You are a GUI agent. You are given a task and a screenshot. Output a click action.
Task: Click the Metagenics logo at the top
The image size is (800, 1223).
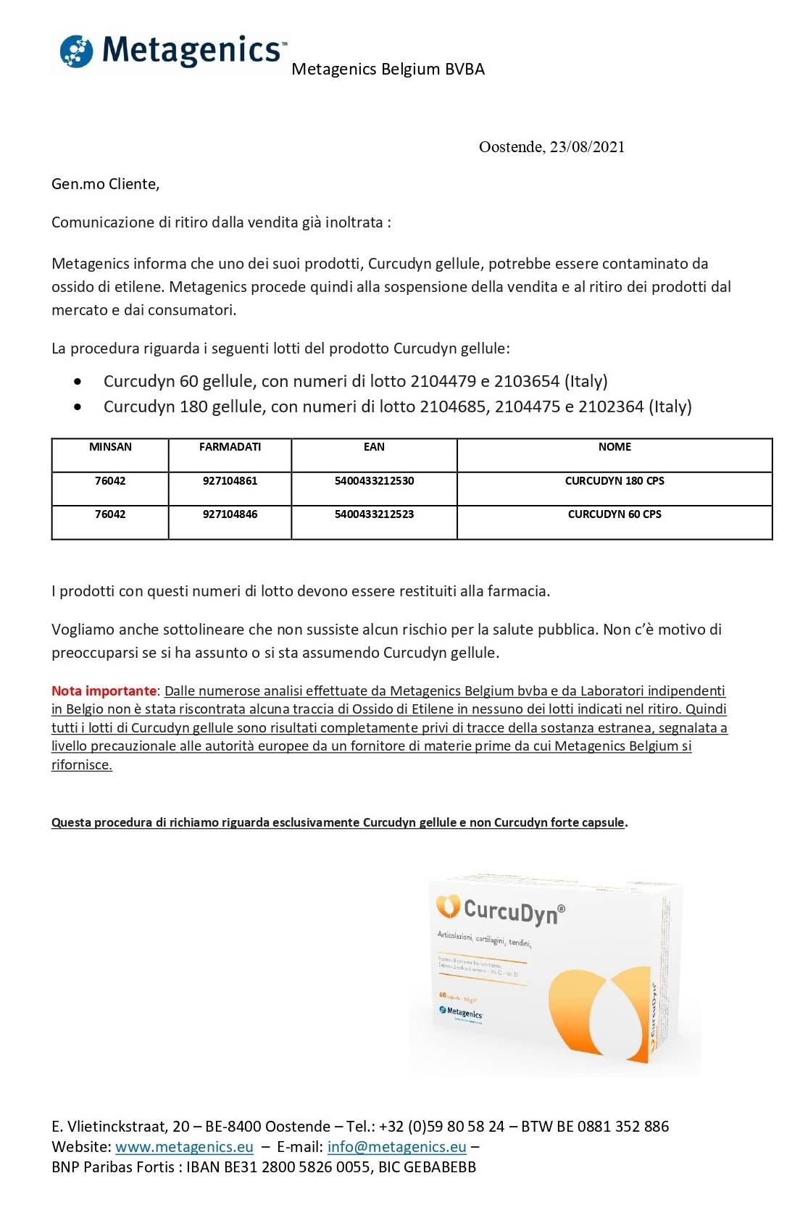pyautogui.click(x=172, y=51)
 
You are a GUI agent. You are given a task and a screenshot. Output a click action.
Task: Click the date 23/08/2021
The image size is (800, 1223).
pyautogui.click(x=587, y=147)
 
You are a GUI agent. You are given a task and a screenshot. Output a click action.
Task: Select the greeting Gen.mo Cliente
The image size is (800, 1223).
pyautogui.click(x=105, y=184)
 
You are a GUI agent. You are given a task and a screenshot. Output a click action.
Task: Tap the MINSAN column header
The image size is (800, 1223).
pyautogui.click(x=110, y=447)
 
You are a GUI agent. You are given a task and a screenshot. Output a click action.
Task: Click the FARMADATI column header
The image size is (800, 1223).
pyautogui.click(x=230, y=447)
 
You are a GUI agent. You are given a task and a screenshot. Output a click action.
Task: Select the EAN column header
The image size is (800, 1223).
pyautogui.click(x=374, y=447)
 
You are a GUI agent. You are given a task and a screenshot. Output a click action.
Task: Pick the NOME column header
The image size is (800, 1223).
pyautogui.click(x=614, y=447)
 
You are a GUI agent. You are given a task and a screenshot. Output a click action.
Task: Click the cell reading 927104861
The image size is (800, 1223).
pyautogui.click(x=230, y=481)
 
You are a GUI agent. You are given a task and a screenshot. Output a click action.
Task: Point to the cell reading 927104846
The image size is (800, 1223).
pyautogui.click(x=230, y=514)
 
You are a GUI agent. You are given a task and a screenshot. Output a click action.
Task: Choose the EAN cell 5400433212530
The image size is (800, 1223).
pyautogui.click(x=374, y=481)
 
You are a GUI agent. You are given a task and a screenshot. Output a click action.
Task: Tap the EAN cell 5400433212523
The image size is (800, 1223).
pyautogui.click(x=374, y=514)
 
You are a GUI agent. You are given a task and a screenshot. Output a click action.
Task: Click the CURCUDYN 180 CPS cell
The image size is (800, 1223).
pyautogui.click(x=614, y=481)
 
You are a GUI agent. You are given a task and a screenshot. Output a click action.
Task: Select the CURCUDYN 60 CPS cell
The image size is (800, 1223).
pyautogui.click(x=614, y=514)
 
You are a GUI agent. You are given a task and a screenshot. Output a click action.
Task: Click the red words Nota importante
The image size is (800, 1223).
pyautogui.click(x=104, y=691)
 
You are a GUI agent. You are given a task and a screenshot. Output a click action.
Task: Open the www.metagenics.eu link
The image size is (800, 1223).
pyautogui.click(x=184, y=1147)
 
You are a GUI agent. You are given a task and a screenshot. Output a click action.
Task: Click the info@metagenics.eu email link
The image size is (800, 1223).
pyautogui.click(x=396, y=1147)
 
